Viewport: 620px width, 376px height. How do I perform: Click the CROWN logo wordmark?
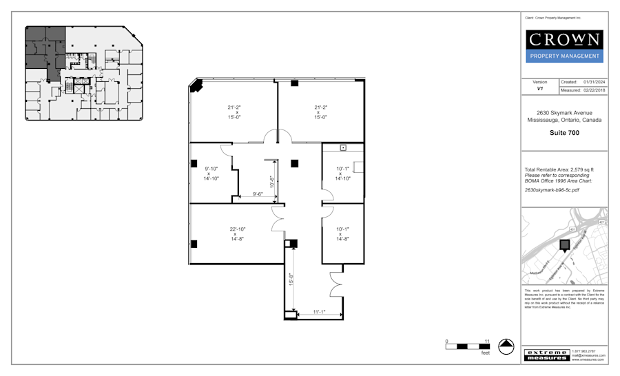tap(564, 40)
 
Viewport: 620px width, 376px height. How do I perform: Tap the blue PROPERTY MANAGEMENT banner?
tap(564, 56)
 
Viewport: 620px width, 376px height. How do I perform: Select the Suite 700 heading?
tap(564, 133)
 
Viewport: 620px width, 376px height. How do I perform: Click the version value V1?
tap(539, 90)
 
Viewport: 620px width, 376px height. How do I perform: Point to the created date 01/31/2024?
tap(592, 82)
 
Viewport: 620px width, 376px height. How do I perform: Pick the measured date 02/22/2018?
tap(592, 90)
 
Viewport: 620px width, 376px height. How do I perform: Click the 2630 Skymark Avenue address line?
tap(564, 113)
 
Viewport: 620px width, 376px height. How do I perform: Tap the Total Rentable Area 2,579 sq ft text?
tap(559, 169)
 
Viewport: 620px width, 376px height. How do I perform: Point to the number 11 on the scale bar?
tap(486, 341)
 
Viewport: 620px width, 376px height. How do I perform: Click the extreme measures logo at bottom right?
tap(546, 355)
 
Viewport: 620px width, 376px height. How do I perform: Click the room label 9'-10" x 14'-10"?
tap(211, 174)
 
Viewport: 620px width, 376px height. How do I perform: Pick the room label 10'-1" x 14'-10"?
tap(343, 174)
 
